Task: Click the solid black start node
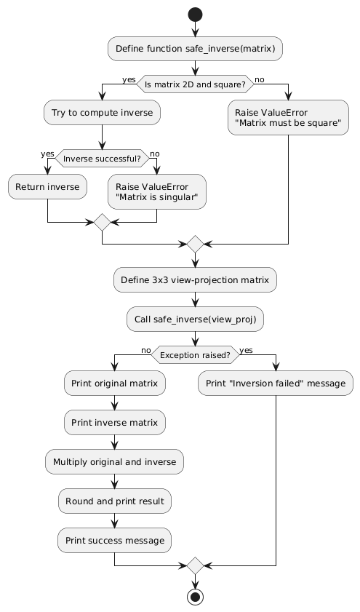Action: point(195,14)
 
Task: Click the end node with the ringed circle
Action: point(195,596)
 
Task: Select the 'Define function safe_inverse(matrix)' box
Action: point(195,48)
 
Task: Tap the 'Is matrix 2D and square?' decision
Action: point(195,84)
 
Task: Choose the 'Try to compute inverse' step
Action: point(102,113)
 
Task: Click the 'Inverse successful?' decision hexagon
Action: point(102,156)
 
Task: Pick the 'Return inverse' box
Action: point(48,187)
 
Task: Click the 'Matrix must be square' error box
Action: point(288,119)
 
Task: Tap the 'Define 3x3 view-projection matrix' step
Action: point(195,280)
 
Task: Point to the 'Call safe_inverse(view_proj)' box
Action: point(195,317)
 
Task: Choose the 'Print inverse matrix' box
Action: point(114,421)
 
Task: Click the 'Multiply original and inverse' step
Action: point(114,461)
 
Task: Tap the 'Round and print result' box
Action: point(114,500)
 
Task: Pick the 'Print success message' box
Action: point(114,540)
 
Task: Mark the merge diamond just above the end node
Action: point(195,565)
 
